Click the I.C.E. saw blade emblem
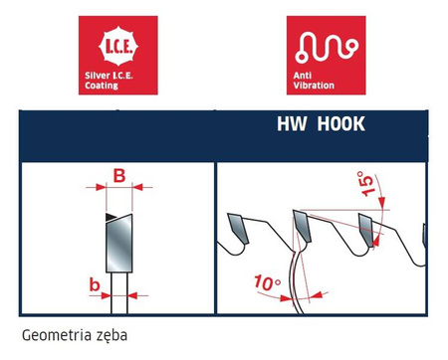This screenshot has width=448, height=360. [x=118, y=46]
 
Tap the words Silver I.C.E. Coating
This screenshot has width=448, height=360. [x=109, y=81]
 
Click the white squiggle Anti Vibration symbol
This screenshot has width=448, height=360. [x=327, y=48]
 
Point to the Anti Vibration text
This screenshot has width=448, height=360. [x=314, y=81]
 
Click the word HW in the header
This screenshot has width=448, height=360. [x=292, y=123]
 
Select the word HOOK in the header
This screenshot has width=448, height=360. [x=340, y=123]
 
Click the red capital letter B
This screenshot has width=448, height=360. [x=119, y=176]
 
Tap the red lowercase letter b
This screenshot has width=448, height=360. [x=95, y=284]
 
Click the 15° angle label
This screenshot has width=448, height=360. [x=366, y=183]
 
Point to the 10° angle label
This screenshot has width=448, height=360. [x=268, y=282]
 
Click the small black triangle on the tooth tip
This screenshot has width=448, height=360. [x=111, y=217]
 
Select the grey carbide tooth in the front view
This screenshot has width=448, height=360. [x=119, y=243]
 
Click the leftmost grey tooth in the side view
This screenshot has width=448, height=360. [x=238, y=228]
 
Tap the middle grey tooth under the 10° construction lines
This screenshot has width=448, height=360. [x=302, y=226]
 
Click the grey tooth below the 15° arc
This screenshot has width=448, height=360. [x=366, y=230]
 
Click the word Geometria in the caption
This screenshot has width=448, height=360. [x=52, y=335]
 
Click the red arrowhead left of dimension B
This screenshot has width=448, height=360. [x=101, y=187]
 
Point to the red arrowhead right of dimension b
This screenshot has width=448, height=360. [x=132, y=295]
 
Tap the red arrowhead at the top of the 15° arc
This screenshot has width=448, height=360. [x=381, y=202]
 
